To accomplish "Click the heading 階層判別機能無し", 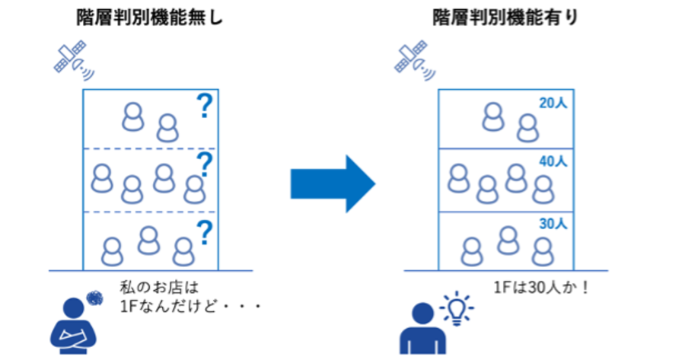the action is [149, 18].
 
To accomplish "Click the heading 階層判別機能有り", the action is [505, 18].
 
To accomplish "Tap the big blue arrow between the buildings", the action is [333, 183].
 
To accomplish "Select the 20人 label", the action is [553, 103].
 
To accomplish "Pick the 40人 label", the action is [553, 161].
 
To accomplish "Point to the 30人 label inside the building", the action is [553, 224].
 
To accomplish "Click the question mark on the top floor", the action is [205, 106].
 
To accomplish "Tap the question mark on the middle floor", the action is [205, 164].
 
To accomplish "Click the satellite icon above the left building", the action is [73, 60].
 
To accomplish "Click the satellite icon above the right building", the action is [415, 60].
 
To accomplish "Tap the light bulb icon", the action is [457, 308].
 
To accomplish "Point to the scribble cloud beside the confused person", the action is [95, 299].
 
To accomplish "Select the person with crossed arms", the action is [73, 326].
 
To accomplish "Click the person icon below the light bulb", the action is [423, 329].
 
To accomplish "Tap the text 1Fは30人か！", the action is [542, 288].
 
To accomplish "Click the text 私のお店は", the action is [160, 288].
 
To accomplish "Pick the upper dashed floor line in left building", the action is [150, 149].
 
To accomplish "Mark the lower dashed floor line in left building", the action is [150, 212].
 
